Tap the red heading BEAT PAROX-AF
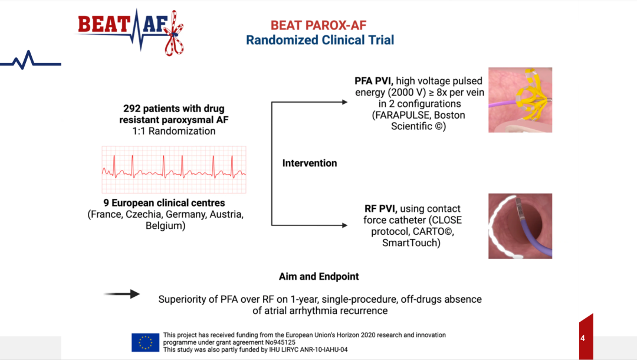coord(318,25)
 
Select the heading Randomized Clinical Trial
coord(320,40)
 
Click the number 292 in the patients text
coord(132,109)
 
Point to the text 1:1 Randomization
coord(174,131)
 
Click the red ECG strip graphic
coord(174,169)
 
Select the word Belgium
coord(165,225)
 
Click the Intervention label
coord(310,163)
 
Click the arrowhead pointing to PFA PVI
coord(344,102)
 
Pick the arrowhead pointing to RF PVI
coord(344,225)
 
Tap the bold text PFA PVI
coord(373,81)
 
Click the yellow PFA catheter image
coord(520,100)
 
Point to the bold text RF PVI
coord(380,208)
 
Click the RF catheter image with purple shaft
coord(520,226)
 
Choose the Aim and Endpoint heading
coord(319,276)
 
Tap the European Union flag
coord(146,342)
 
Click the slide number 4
coord(583,338)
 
